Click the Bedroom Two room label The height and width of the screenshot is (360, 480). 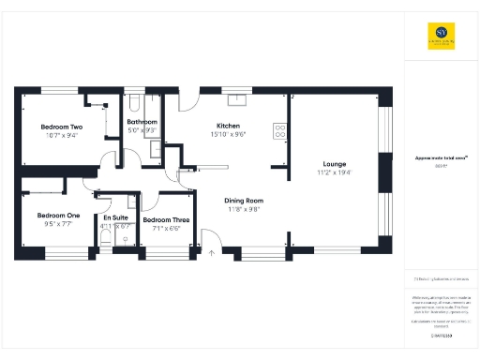[x=61, y=127]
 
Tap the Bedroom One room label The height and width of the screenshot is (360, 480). [x=59, y=215]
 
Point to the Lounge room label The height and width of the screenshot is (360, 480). [x=336, y=163]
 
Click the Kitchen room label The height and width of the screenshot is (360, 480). [x=229, y=126]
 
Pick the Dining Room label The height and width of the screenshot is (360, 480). [x=243, y=200]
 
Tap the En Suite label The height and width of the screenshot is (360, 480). [x=116, y=217]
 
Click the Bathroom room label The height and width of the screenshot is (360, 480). [x=142, y=122]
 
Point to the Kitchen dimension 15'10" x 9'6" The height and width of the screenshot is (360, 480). [x=229, y=134]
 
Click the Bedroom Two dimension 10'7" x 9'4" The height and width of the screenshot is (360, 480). [x=61, y=135]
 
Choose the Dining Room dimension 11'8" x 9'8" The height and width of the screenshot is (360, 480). [x=243, y=209]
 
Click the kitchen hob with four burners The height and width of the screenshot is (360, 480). [x=278, y=131]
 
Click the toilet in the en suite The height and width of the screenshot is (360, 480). [x=105, y=241]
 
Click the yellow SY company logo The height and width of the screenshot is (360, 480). [x=442, y=36]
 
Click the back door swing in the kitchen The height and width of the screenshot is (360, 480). [x=187, y=97]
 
